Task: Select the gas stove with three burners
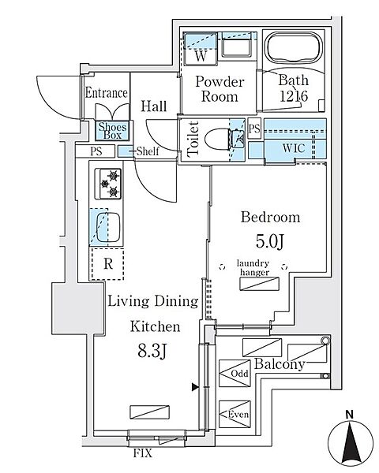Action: pos(108,184)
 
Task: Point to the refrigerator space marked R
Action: pos(107,263)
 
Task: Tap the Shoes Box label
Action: pos(112,131)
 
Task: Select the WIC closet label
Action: pos(294,148)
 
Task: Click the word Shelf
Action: pos(148,151)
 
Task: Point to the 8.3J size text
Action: pos(152,351)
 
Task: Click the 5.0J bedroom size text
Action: pos(270,241)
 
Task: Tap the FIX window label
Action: pos(143,453)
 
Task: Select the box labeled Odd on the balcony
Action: pos(235,374)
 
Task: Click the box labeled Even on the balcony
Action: pos(235,414)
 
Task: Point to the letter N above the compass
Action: pos(350,415)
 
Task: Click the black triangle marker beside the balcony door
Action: pos(195,387)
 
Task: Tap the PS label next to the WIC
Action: pos(254,128)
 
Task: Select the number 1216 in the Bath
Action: pos(294,96)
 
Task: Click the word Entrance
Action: pos(106,92)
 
